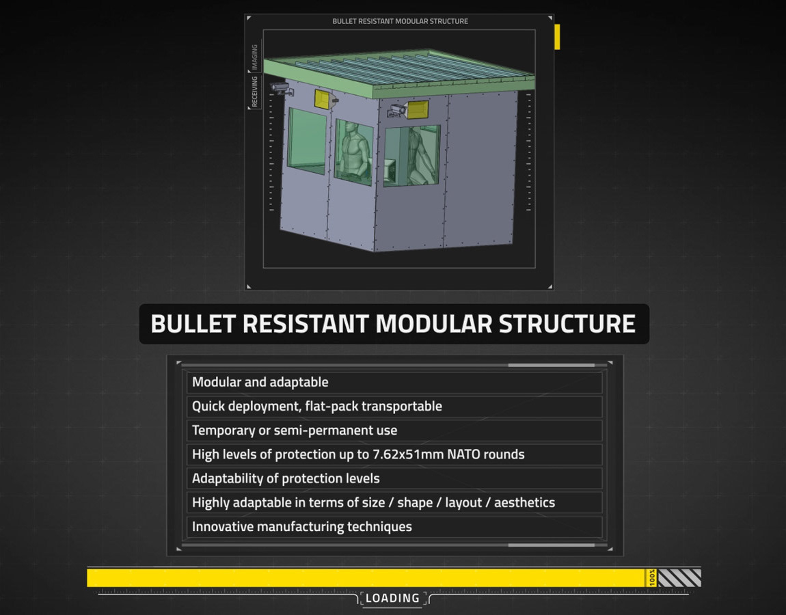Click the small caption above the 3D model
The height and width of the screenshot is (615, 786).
click(400, 21)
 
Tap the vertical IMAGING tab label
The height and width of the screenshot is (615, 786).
click(255, 57)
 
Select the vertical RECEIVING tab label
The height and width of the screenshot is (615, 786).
click(255, 91)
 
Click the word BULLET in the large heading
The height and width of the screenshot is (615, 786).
click(193, 324)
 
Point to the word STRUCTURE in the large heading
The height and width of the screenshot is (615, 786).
click(567, 324)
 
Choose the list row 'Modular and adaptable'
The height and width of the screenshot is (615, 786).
click(260, 382)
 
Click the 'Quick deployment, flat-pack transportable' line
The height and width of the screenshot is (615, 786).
click(317, 406)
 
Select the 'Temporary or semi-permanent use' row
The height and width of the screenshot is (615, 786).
click(295, 430)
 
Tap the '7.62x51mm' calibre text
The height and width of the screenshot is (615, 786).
click(407, 454)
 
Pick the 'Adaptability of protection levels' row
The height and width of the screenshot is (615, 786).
click(286, 478)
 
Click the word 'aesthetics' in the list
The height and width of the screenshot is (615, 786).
click(524, 502)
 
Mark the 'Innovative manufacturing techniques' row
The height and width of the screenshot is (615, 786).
click(302, 526)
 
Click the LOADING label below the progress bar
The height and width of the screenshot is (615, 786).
click(392, 598)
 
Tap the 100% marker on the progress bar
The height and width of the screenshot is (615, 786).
click(651, 577)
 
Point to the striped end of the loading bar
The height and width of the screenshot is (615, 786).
click(679, 578)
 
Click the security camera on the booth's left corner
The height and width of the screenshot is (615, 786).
click(282, 89)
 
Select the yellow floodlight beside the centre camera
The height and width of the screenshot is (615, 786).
click(418, 109)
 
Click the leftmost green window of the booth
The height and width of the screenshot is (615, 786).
click(307, 141)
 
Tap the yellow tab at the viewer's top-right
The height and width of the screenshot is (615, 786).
click(557, 37)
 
